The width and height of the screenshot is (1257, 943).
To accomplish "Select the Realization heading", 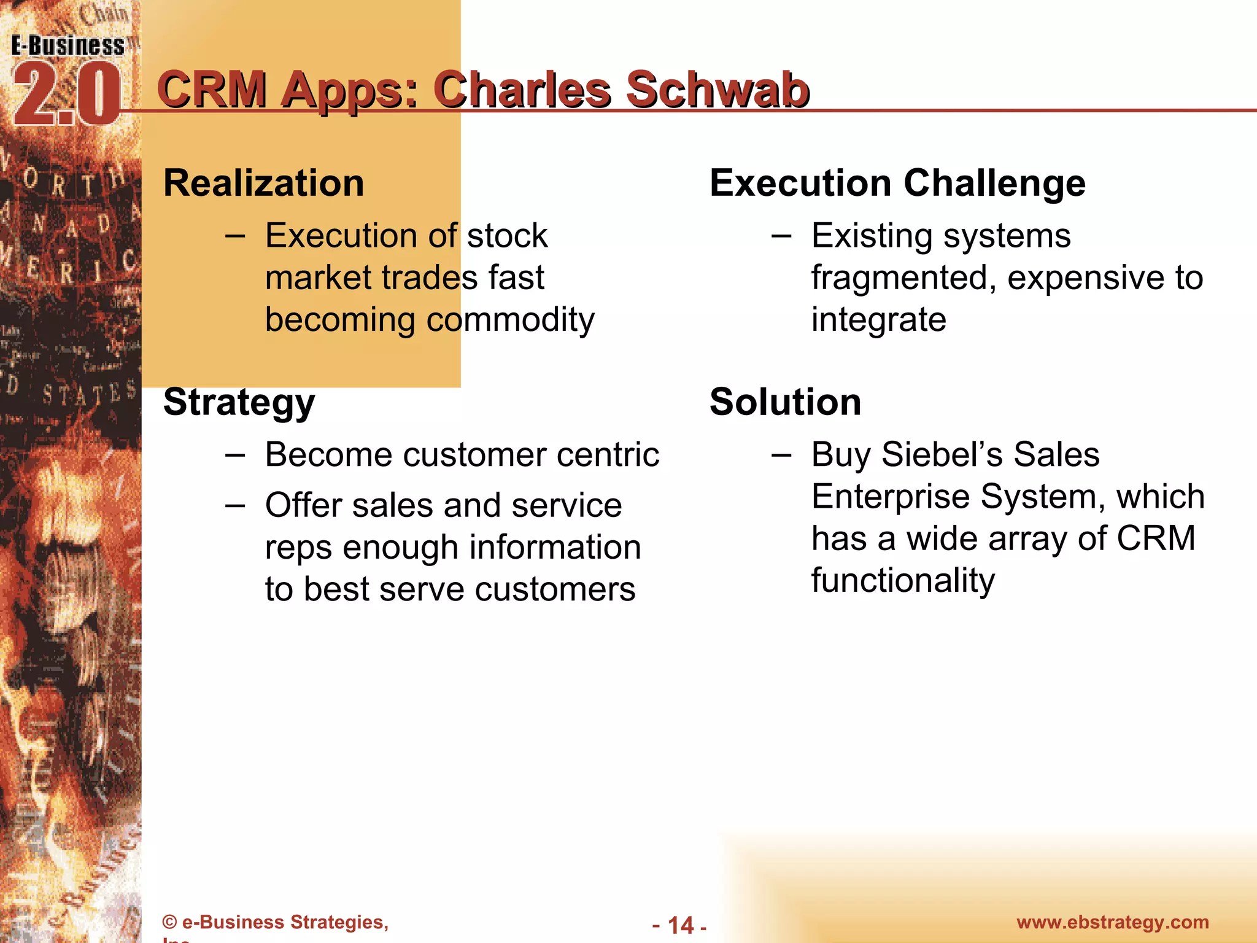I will click(x=264, y=183).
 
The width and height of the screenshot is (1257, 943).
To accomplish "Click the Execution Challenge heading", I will click(x=897, y=183).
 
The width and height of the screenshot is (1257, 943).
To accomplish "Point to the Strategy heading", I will click(x=239, y=403).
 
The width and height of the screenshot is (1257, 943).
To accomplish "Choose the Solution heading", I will click(x=785, y=402).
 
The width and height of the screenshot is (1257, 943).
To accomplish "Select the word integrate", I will click(x=878, y=320).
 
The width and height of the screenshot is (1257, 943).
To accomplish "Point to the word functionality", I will click(x=903, y=580).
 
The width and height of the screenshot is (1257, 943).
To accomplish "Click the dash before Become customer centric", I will click(x=235, y=455).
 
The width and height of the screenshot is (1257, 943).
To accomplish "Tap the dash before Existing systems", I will click(x=781, y=236).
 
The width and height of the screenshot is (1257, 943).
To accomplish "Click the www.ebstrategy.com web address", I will click(x=1112, y=922).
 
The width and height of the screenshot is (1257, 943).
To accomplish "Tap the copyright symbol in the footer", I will click(x=169, y=922).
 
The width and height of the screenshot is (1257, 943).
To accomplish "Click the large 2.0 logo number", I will click(x=66, y=95).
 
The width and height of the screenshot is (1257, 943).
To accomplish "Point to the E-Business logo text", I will click(x=68, y=46).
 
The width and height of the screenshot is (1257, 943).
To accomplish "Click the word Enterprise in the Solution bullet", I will click(x=891, y=497).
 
